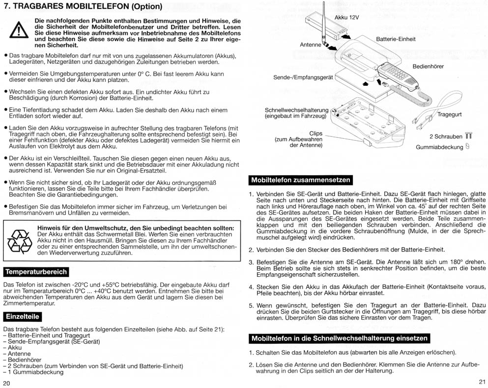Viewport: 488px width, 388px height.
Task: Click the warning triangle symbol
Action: click(19, 30)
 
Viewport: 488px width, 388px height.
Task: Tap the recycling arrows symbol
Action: click(20, 242)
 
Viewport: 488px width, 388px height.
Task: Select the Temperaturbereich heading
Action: click(36, 272)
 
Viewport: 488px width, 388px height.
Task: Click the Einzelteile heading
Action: click(23, 316)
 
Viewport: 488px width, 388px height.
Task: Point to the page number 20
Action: click(6, 383)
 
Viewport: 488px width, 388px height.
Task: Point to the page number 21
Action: click(482, 382)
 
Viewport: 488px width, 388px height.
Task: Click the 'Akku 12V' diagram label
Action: click(346, 17)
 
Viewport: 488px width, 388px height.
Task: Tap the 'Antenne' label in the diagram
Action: click(310, 45)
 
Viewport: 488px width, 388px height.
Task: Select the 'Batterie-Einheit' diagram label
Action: click(396, 39)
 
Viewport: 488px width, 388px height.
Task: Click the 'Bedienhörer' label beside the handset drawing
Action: click(428, 66)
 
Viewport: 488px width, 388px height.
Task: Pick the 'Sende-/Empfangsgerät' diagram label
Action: click(303, 78)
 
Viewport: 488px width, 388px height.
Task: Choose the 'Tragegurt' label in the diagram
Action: click(449, 114)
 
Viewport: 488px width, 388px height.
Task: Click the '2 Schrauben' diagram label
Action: click(446, 136)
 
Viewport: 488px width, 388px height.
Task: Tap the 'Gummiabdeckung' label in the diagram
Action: click(439, 147)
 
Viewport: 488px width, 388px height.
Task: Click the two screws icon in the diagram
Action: click(468, 136)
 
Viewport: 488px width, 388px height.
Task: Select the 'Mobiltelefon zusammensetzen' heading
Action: click(301, 180)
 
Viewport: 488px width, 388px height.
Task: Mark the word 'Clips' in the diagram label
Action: click(316, 133)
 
